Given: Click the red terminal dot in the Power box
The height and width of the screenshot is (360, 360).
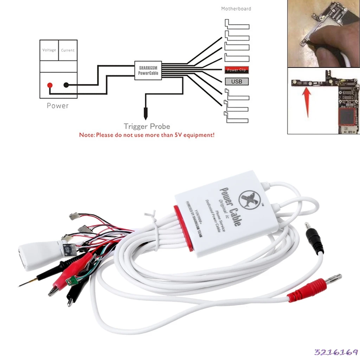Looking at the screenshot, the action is click(50, 85).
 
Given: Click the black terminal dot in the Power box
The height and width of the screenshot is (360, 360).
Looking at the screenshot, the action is click(66, 85).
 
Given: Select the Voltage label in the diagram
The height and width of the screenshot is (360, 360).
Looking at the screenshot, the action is click(49, 50).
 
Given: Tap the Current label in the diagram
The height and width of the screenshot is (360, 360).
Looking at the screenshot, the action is click(68, 50).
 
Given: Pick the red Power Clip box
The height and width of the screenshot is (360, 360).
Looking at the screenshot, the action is click(237, 70).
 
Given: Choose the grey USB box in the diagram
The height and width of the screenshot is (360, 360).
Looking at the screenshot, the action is click(237, 82).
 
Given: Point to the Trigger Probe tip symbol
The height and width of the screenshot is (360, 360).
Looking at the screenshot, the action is click(145, 114).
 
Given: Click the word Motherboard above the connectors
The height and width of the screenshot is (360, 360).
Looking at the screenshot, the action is click(236, 9).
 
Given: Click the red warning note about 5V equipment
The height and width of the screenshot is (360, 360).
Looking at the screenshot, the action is click(147, 135).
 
